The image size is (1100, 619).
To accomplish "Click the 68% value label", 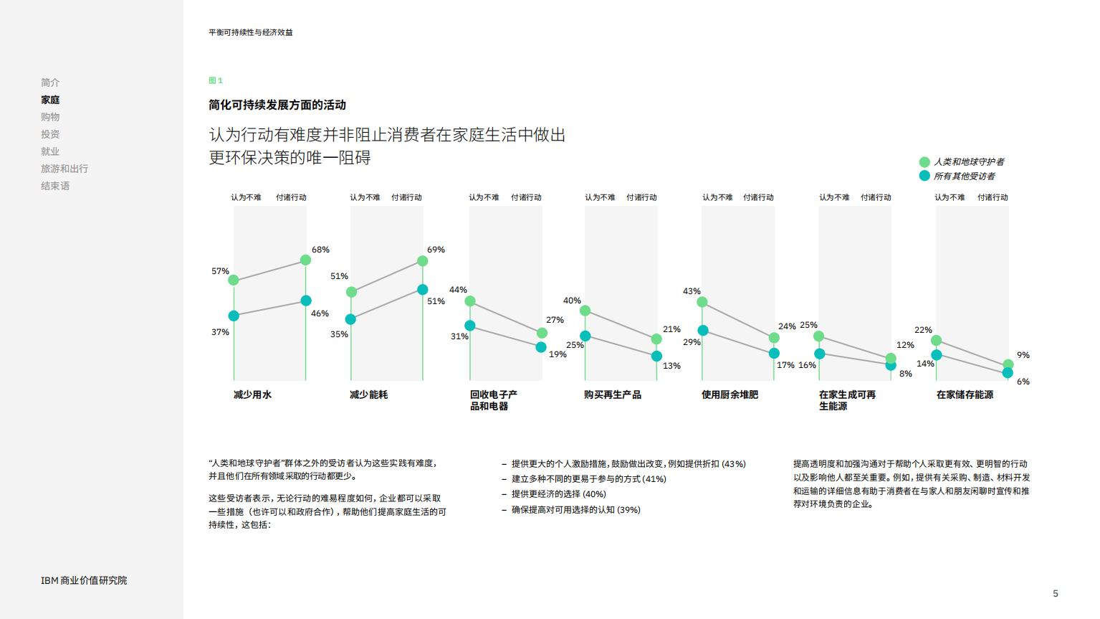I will (x=320, y=250).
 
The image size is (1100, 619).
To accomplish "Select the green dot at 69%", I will (x=423, y=261).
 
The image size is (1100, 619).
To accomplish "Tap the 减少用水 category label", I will (x=252, y=394).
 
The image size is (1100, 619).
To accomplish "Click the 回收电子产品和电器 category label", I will (x=493, y=400).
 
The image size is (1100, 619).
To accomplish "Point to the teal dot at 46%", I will (x=306, y=301).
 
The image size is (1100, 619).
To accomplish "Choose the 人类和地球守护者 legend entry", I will (x=968, y=162).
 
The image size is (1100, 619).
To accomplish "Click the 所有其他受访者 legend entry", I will (x=963, y=176).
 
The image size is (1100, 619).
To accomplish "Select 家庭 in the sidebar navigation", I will (x=50, y=100).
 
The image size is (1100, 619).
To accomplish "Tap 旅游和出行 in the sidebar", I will (x=64, y=169).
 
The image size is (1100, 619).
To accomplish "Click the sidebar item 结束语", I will (x=55, y=186).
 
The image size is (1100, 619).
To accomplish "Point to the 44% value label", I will (x=458, y=290).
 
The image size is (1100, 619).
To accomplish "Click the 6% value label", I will (x=1023, y=382).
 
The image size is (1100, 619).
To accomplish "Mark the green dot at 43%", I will (x=702, y=302).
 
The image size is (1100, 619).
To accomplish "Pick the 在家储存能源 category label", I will (x=965, y=394).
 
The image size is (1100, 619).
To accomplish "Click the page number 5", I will (x=1056, y=593).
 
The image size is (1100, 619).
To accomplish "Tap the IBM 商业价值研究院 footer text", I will (x=84, y=580).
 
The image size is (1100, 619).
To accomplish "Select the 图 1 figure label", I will (x=216, y=80).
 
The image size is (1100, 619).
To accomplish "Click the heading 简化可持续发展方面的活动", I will (x=277, y=105).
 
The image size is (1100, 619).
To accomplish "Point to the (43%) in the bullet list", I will (x=733, y=464).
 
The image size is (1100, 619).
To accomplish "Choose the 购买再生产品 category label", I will (x=612, y=394).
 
